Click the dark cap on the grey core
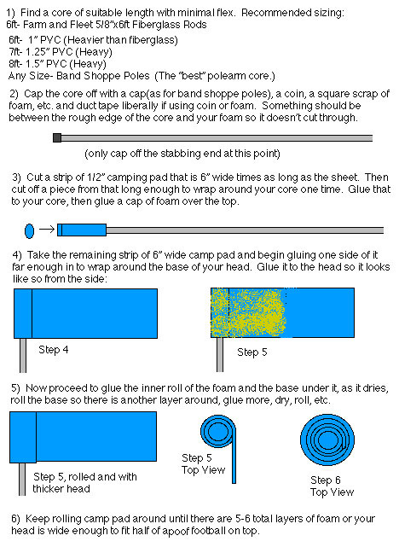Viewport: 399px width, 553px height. point(57,137)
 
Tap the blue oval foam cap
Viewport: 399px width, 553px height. point(30,231)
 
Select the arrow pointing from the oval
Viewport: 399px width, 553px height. point(47,230)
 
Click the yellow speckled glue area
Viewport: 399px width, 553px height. point(248,312)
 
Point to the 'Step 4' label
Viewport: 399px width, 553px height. point(53,350)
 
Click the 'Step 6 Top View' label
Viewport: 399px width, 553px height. point(332,486)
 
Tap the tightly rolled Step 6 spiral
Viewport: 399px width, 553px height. point(327,439)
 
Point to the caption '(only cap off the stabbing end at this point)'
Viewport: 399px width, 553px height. point(182,154)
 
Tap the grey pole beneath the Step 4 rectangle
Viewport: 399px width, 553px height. point(23,355)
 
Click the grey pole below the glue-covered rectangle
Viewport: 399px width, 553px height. point(220,354)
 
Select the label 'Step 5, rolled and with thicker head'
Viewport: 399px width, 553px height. point(84,482)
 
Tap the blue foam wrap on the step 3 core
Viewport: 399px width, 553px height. point(82,230)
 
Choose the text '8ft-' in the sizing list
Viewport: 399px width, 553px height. point(17,64)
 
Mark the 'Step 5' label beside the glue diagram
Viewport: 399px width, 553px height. point(252,352)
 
